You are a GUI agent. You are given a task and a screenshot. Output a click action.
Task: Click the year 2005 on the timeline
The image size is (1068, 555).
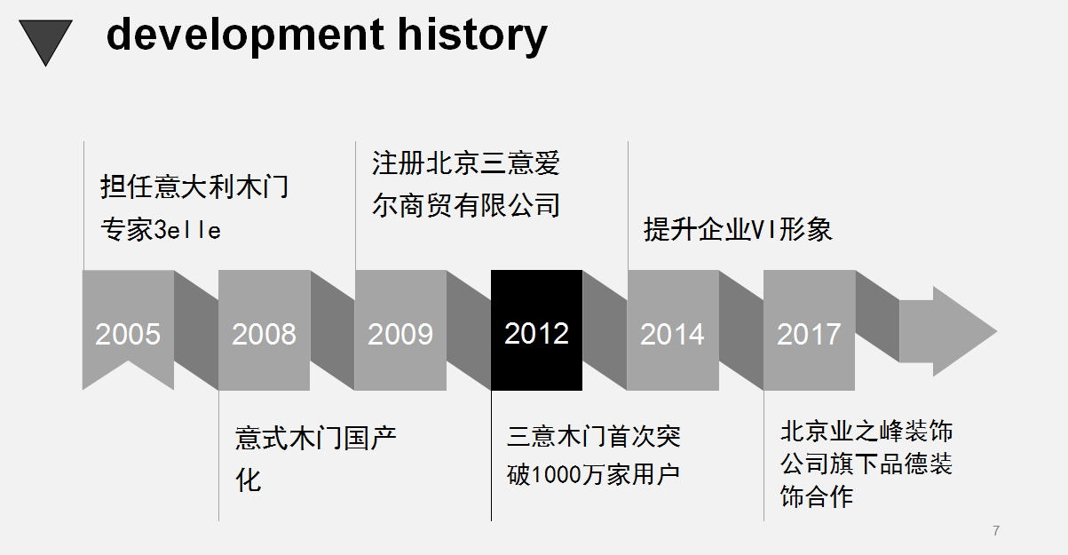pos(128,334)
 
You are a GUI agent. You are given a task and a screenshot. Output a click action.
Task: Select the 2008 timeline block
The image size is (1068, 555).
pos(265,330)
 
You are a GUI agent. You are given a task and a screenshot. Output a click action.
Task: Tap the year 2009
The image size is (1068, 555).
pos(400,334)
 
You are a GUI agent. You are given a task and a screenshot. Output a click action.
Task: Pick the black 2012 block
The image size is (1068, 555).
pos(536,330)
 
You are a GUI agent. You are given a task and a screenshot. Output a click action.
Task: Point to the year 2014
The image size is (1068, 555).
pos(672,334)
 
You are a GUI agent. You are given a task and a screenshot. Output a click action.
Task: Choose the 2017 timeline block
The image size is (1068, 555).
pos(809,330)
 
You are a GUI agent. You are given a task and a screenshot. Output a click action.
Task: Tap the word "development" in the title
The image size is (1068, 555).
pos(245,36)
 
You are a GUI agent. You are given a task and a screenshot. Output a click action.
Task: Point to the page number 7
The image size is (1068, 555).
pos(996,531)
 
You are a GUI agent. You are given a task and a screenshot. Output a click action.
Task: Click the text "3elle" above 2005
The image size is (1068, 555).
pos(187,230)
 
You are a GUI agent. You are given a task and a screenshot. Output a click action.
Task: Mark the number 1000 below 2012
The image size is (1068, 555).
pos(555,475)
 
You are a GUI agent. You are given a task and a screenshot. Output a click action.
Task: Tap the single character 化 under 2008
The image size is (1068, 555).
pos(249,480)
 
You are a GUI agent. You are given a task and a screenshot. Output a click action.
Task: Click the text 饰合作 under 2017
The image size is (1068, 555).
pos(817,496)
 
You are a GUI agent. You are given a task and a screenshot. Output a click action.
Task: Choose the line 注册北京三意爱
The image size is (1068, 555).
pos(466,163)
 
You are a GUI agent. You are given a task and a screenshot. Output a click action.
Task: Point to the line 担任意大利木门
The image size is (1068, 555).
pos(194,186)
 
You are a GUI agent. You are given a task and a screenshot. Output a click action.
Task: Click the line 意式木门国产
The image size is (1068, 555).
pos(316,438)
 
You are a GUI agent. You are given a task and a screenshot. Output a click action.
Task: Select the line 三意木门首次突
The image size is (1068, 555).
pos(594,436)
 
